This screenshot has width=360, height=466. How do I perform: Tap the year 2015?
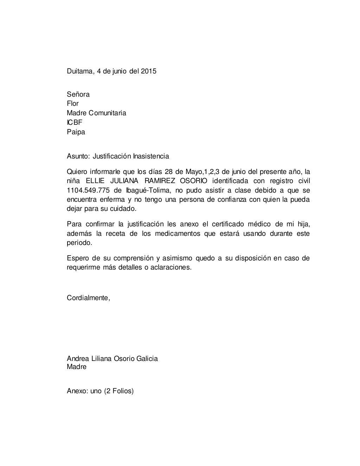coord(149,71)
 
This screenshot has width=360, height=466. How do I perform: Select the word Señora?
coord(78,94)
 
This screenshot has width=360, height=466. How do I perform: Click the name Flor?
coord(72,103)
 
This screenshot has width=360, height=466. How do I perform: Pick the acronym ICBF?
coord(75,123)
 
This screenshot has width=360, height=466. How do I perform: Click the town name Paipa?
coord(76,132)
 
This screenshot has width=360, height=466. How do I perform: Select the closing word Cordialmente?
coord(88,298)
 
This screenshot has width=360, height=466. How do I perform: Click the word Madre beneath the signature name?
coord(76,367)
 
